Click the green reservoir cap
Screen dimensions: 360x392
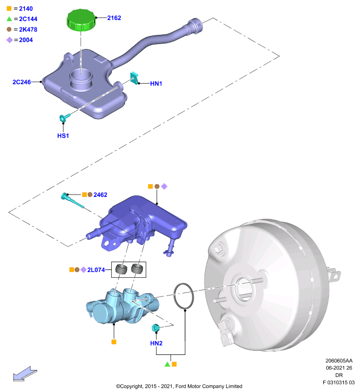tap(81, 20)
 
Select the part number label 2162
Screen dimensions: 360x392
tap(114, 18)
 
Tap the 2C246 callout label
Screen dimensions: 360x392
tap(22, 82)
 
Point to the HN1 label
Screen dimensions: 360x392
tap(156, 83)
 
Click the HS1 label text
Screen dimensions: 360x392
tap(63, 136)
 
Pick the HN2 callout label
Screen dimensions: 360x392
tap(156, 343)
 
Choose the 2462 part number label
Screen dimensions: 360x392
tap(101, 195)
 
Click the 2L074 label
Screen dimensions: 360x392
tap(96, 270)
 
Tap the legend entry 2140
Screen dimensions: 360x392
tap(26, 9)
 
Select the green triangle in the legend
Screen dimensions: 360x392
tap(9, 19)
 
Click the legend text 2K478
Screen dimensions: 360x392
tap(28, 29)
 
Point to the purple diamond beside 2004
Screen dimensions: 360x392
tap(9, 40)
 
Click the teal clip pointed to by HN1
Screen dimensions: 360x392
tap(134, 78)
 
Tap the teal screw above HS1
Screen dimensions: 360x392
tap(65, 117)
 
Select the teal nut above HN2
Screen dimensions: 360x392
tap(155, 328)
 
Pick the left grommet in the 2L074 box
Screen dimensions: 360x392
tap(121, 269)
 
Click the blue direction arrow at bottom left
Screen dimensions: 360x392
tap(25, 374)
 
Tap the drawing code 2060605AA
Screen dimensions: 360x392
tap(339, 361)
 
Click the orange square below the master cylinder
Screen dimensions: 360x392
tap(114, 342)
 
